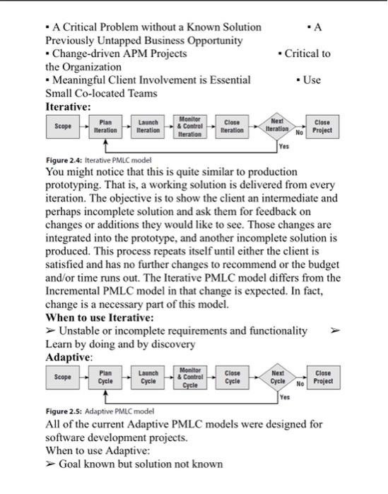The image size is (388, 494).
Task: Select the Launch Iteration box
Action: pyautogui.click(x=148, y=126)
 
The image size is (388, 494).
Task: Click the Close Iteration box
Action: pyautogui.click(x=233, y=126)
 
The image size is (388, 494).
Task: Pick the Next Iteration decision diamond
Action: pyautogui.click(x=277, y=126)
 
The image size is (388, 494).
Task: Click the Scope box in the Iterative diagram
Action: pyautogui.click(x=62, y=126)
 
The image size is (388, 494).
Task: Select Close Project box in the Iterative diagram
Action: pyautogui.click(x=322, y=126)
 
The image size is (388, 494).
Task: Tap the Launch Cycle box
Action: pyautogui.click(x=148, y=377)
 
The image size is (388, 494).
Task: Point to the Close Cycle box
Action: pyautogui.click(x=233, y=377)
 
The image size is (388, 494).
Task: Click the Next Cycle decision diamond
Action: pyautogui.click(x=277, y=377)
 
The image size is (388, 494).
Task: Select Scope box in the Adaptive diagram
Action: pyautogui.click(x=62, y=377)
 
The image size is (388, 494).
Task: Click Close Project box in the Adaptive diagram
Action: pyautogui.click(x=322, y=377)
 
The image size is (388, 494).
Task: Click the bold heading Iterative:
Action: pyautogui.click(x=68, y=106)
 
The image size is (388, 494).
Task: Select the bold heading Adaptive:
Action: pyautogui.click(x=69, y=357)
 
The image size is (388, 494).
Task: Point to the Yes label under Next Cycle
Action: pyautogui.click(x=284, y=397)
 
